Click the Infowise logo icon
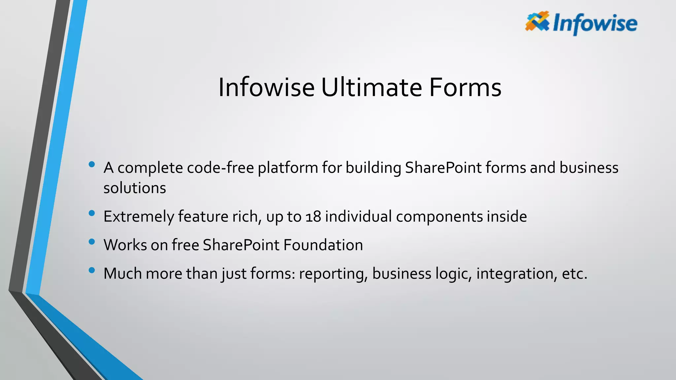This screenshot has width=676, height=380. [x=537, y=21]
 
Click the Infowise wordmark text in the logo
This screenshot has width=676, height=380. [x=595, y=24]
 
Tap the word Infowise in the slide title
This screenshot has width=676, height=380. [x=266, y=87]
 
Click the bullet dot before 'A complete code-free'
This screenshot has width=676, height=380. [x=92, y=164]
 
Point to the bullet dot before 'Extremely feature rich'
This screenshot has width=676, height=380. [x=92, y=213]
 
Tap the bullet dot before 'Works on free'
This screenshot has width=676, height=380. [x=92, y=242]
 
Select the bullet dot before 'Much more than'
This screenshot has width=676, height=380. [x=92, y=270]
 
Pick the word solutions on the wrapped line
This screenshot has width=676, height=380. [x=135, y=188]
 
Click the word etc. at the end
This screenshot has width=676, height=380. [x=574, y=274]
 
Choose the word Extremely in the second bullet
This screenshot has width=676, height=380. [x=139, y=217]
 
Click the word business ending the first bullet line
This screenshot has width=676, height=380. [x=589, y=168]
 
